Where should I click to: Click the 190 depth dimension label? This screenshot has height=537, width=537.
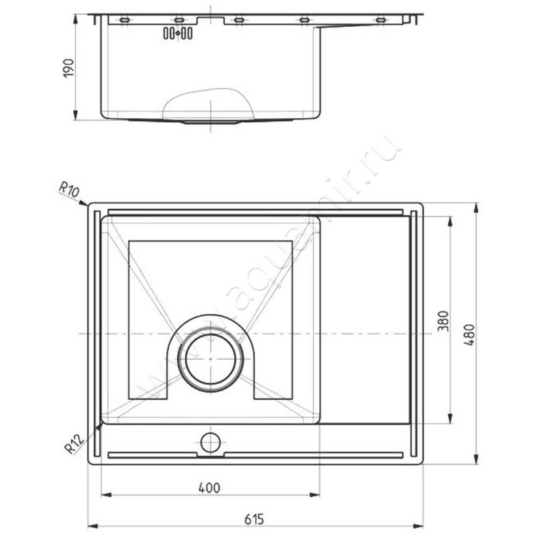point(68,68)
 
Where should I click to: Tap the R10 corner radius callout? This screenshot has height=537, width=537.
point(69,189)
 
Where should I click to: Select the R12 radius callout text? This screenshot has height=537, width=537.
point(75,444)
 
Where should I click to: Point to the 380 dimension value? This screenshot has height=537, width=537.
point(444,321)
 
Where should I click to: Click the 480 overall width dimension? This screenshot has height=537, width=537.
point(469,334)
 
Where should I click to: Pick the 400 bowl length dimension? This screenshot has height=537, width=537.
point(209,488)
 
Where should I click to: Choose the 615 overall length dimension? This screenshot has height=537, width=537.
point(254,519)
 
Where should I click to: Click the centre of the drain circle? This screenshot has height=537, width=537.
point(211,358)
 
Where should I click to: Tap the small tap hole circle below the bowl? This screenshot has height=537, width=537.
point(210,442)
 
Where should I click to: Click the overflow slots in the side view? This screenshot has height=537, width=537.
point(178,33)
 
